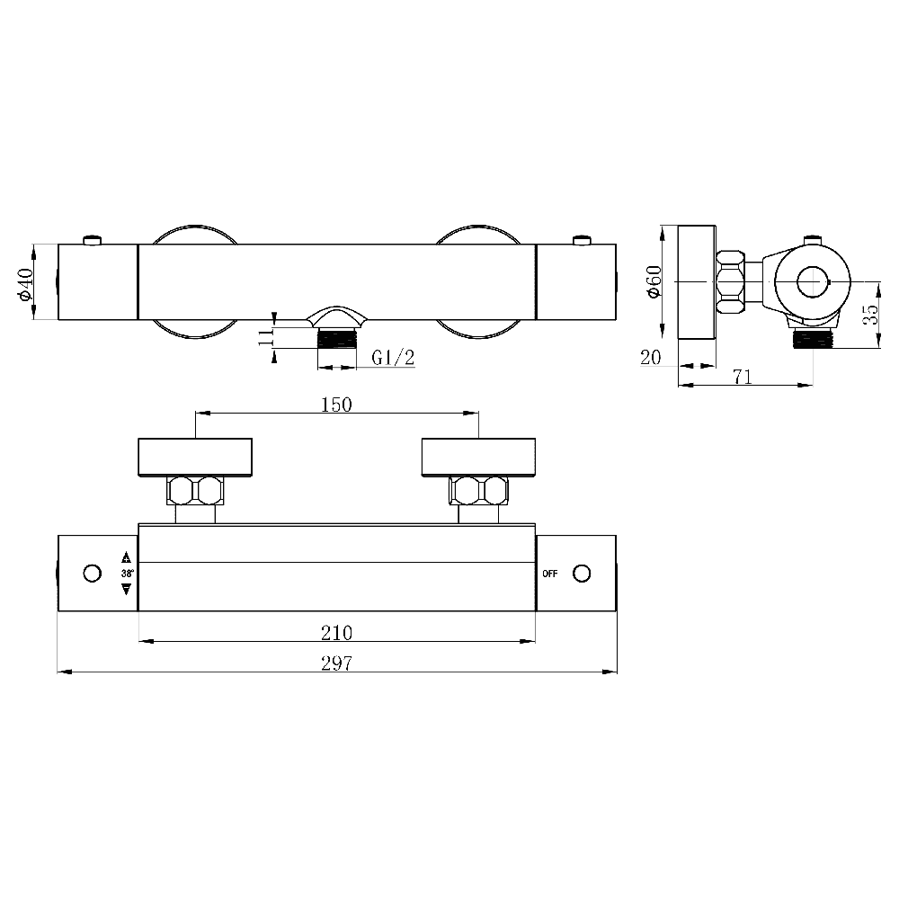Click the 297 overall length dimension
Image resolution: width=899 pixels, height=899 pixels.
(336, 663)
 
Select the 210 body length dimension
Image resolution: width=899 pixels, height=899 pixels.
(336, 632)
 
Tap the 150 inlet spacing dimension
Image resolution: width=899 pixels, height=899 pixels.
(336, 405)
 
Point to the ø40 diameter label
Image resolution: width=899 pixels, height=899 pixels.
(26, 282)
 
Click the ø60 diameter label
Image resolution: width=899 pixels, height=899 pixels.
(654, 281)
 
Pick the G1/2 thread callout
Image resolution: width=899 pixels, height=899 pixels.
(393, 358)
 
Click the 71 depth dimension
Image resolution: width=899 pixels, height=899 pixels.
(742, 378)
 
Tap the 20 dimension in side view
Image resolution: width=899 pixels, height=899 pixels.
(652, 357)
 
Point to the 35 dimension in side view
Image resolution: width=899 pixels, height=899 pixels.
(869, 315)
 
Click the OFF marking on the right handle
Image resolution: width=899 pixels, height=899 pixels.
(550, 574)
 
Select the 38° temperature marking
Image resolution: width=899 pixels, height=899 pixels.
(126, 574)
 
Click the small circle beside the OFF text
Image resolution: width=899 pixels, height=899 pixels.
(582, 574)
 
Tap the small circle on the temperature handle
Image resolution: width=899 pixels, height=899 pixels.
(91, 574)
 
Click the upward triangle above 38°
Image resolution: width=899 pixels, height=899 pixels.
(126, 557)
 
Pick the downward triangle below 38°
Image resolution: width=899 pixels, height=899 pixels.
(126, 589)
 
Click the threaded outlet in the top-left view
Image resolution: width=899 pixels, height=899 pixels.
(338, 338)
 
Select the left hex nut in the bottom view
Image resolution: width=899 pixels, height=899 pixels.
(195, 491)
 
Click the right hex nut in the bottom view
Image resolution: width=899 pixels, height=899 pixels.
(479, 491)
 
